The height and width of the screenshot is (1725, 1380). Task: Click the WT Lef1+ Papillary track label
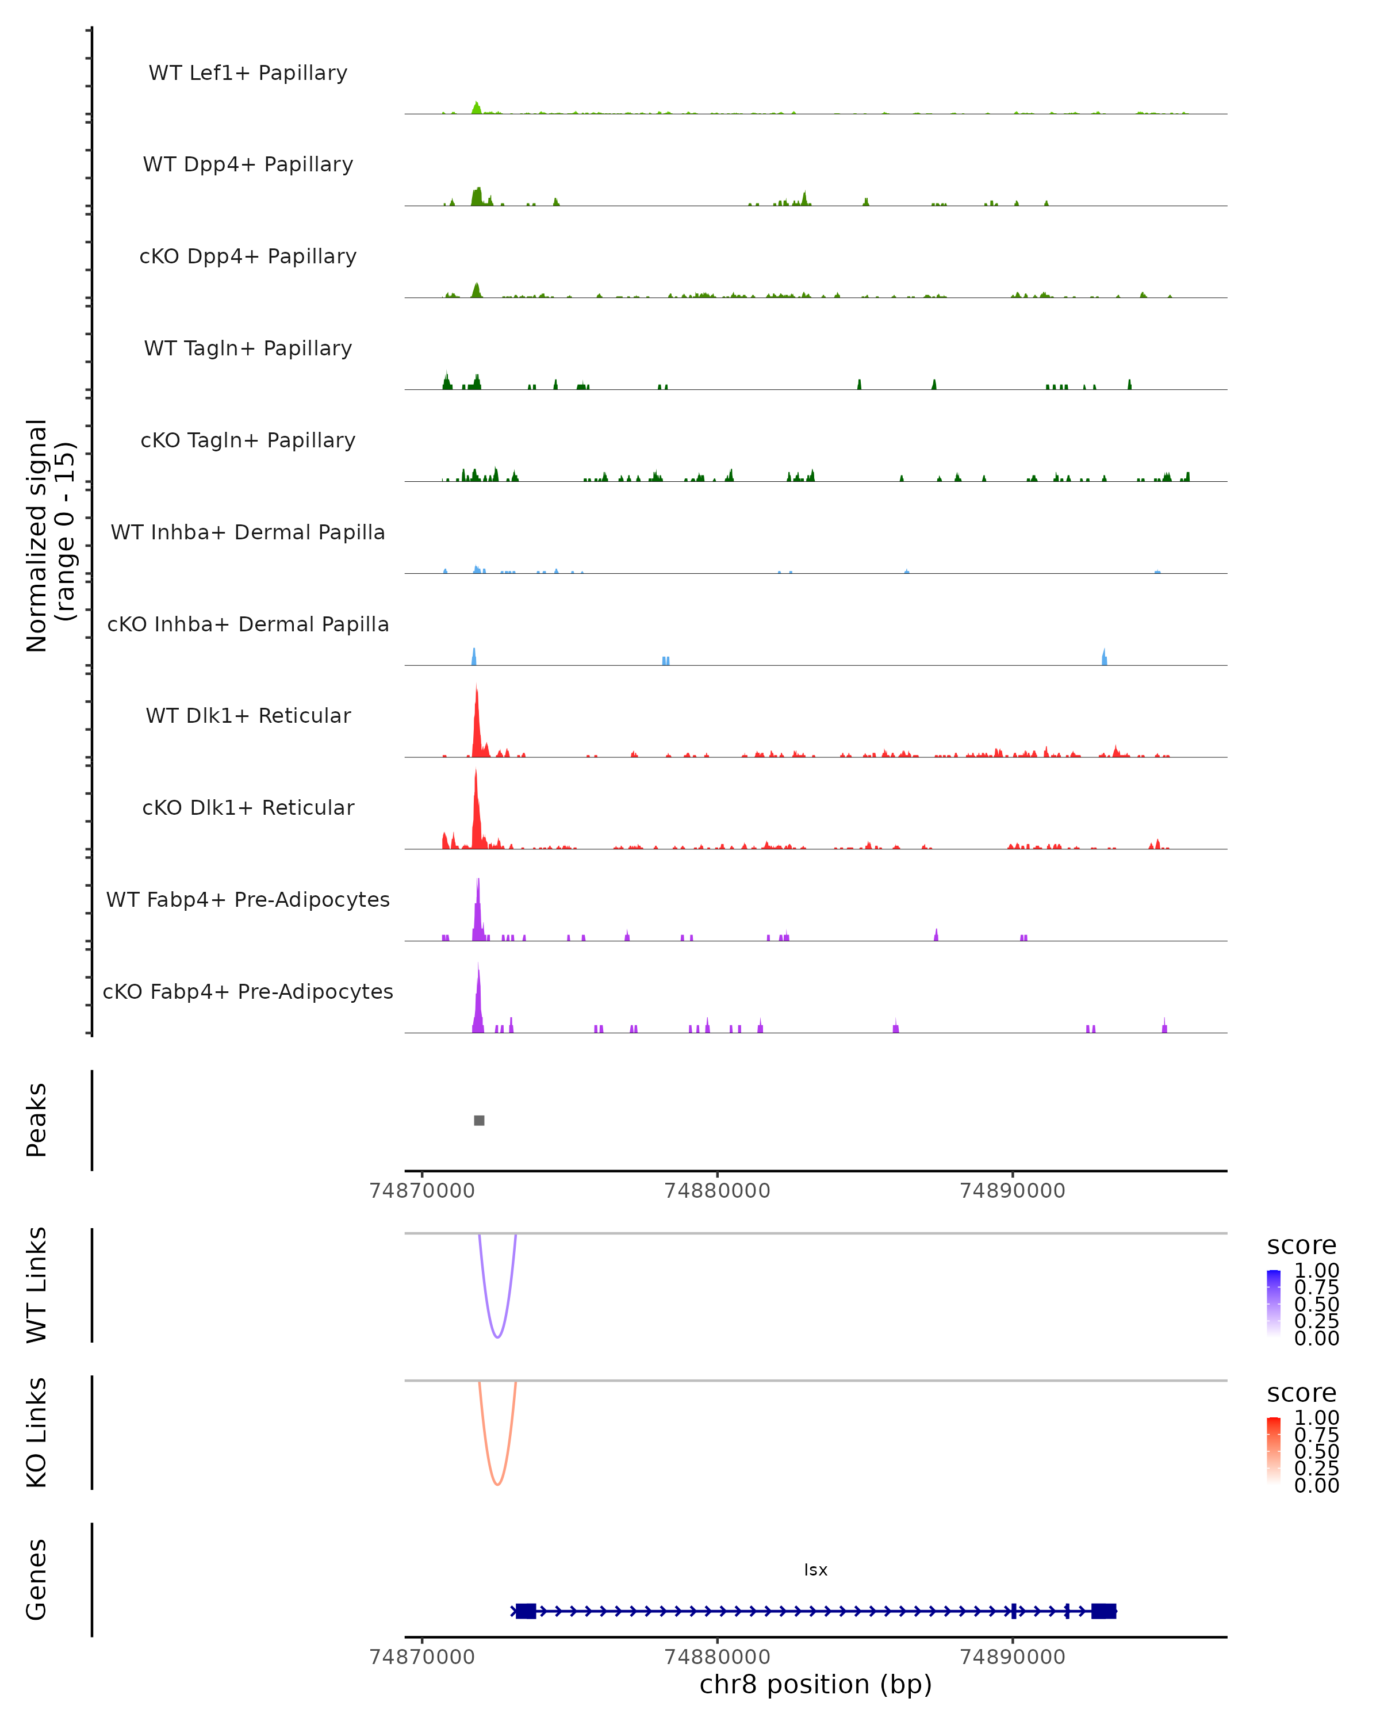[248, 73]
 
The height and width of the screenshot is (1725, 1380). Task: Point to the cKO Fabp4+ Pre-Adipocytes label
[248, 991]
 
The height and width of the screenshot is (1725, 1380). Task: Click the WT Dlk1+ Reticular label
[248, 715]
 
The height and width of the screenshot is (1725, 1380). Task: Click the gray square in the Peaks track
[479, 1120]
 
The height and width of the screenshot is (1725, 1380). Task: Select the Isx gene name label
[815, 1570]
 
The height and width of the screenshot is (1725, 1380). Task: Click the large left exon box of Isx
[526, 1611]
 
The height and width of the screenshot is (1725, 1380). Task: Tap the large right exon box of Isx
[1103, 1611]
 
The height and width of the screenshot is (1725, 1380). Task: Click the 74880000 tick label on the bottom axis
[717, 1657]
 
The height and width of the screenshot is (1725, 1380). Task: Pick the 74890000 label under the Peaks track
[1012, 1191]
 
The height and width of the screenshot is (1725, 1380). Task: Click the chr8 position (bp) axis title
[815, 1685]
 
